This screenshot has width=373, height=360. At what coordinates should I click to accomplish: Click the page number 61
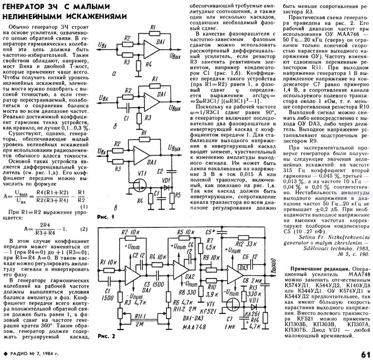[x=365, y=353]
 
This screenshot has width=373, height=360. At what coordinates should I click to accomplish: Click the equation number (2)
[x=83, y=229]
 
